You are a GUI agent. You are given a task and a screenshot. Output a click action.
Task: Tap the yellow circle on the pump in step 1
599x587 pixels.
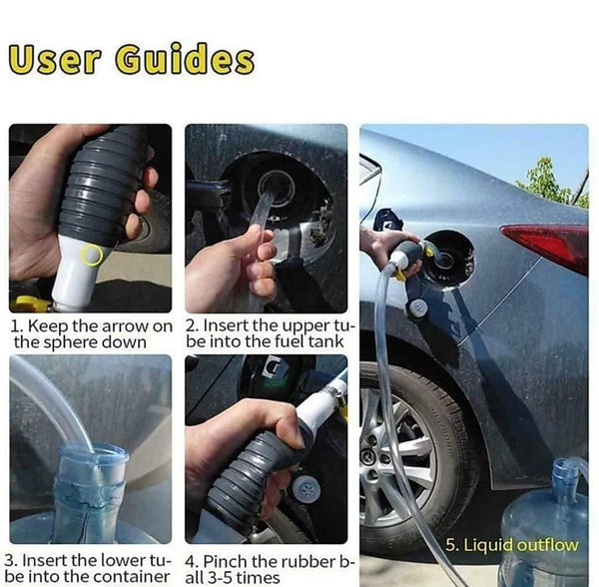pyautogui.click(x=93, y=256)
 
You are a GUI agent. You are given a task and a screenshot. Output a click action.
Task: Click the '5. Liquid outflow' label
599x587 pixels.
pyautogui.click(x=512, y=545)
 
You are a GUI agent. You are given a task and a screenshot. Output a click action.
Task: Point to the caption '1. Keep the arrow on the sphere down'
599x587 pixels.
pyautogui.click(x=90, y=333)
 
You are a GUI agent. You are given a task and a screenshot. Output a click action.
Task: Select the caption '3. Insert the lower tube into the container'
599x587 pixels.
pyautogui.click(x=88, y=568)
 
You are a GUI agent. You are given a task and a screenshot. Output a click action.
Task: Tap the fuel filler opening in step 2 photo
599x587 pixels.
pyautogui.click(x=277, y=187)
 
